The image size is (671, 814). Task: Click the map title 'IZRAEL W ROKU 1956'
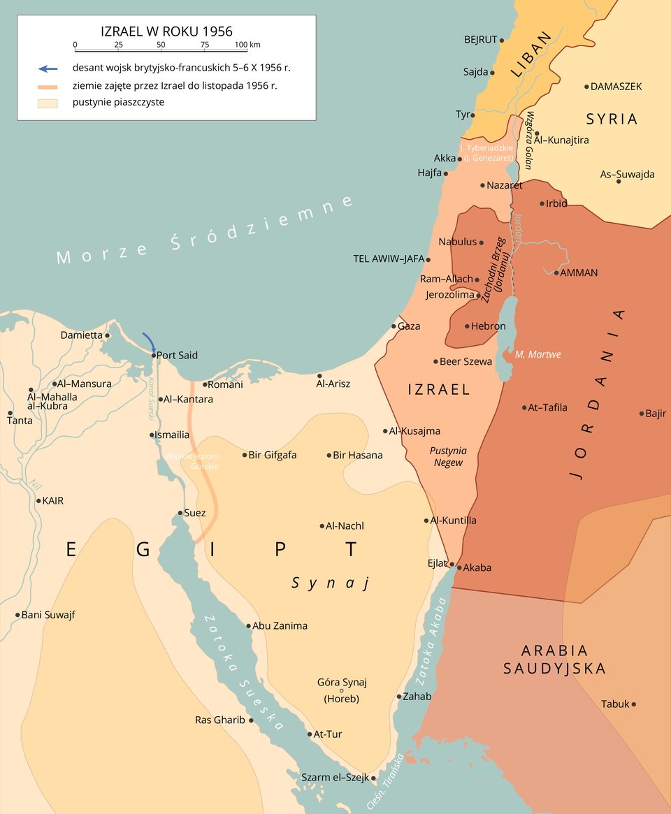coord(166,31)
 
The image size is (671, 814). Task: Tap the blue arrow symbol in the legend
coord(48,68)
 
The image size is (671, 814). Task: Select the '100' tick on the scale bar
coord(240,45)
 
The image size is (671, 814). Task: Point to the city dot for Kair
coord(38,501)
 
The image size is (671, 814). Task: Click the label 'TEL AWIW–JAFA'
coord(389,259)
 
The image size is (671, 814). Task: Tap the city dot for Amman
coord(556,272)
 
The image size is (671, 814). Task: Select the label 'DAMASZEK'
coord(616,87)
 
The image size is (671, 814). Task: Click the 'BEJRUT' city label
coord(480,40)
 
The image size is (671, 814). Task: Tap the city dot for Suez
coord(180,514)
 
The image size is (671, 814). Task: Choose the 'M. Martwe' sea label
coord(537,354)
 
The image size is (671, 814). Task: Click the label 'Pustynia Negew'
coord(448,456)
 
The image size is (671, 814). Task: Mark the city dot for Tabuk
coord(634,704)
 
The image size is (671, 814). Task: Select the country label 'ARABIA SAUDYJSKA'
coord(555,659)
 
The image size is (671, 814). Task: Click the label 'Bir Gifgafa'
coord(273,455)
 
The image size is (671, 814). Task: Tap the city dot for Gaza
coord(394,326)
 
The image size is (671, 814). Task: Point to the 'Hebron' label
coord(488,326)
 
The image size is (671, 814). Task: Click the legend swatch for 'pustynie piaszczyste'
coord(48,103)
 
